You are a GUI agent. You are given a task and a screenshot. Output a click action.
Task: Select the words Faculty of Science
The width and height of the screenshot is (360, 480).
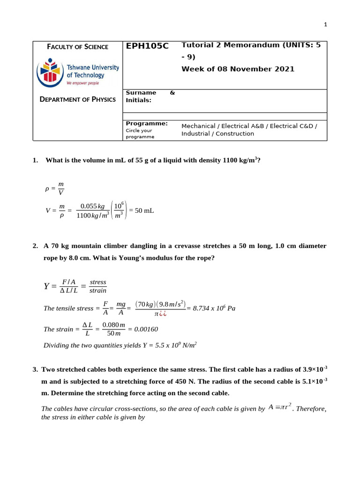(78, 47)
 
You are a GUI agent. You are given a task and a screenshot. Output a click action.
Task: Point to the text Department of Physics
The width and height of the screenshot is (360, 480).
(78, 99)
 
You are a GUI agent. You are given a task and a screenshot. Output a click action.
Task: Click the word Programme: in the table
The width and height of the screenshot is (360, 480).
(147, 123)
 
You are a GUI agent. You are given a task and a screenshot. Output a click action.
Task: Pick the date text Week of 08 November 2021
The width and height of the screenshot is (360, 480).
(238, 69)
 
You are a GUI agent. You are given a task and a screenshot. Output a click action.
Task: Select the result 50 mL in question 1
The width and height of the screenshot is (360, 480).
(144, 210)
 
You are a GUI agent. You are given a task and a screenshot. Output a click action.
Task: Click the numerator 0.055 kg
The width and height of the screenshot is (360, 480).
(92, 206)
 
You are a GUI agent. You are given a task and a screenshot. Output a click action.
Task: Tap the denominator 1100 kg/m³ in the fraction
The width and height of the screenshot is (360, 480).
(92, 216)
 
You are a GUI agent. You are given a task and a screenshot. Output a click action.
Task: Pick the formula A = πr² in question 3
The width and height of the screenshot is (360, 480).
(281, 407)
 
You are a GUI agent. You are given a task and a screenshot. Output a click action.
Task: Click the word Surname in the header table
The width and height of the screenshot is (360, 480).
(141, 93)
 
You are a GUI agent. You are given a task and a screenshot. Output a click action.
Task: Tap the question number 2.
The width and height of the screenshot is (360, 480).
(35, 246)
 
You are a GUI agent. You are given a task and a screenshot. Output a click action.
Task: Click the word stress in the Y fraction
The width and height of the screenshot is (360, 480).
(98, 282)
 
